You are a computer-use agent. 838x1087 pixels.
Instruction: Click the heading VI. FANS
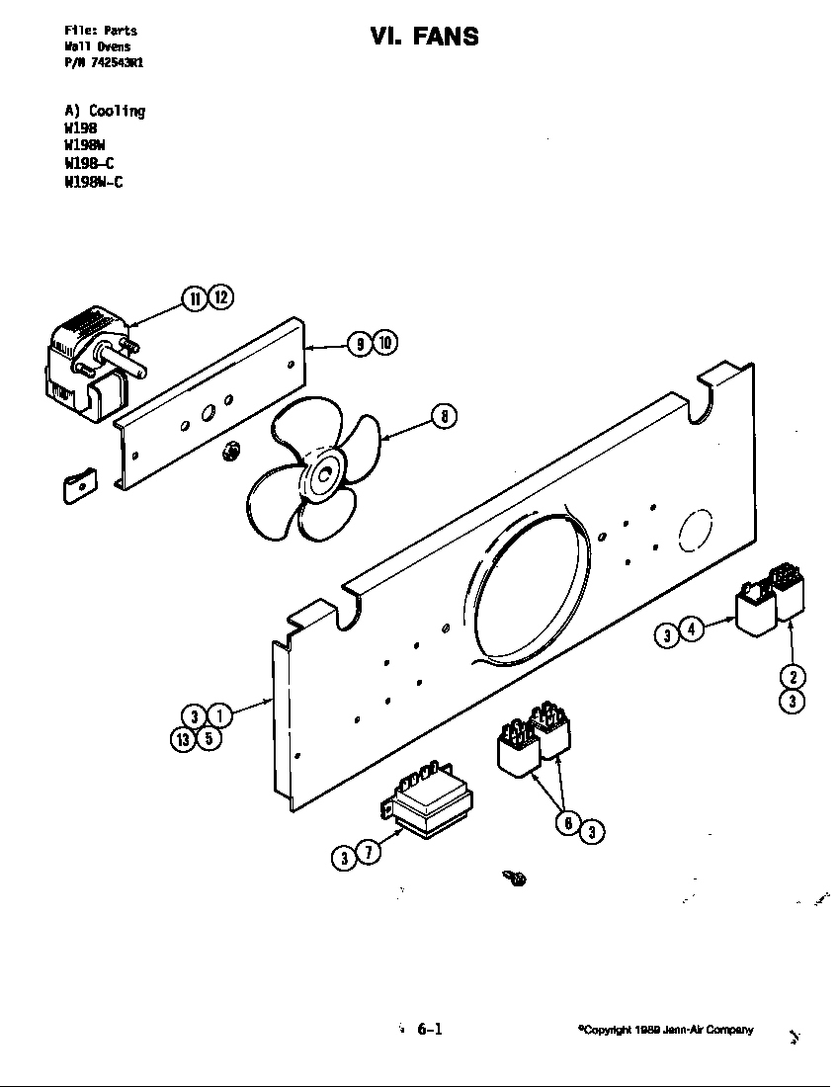(x=424, y=37)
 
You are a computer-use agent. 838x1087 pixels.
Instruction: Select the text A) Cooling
(x=105, y=111)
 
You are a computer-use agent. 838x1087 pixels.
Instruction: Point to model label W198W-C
(x=94, y=182)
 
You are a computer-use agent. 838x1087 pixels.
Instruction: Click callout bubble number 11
(x=194, y=297)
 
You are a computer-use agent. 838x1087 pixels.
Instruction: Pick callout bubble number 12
(x=220, y=297)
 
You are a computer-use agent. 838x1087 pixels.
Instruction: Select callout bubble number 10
(x=385, y=343)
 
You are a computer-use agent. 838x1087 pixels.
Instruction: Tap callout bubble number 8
(x=445, y=417)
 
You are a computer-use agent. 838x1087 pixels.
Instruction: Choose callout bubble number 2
(x=793, y=677)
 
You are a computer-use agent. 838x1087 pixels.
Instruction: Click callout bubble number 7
(x=368, y=852)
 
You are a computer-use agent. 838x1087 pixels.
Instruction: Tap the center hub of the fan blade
(x=322, y=474)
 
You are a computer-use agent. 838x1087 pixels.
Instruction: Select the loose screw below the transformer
(x=515, y=877)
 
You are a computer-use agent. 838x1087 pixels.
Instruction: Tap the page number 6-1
(x=429, y=1029)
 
